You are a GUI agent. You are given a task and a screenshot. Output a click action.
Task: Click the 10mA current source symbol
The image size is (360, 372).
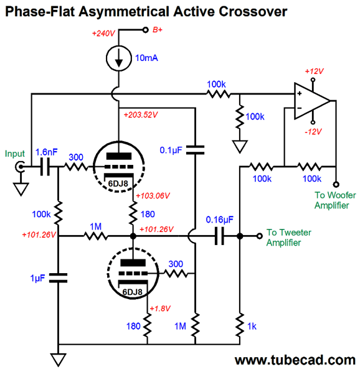118,58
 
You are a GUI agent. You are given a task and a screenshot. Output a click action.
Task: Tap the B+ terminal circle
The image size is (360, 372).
145,30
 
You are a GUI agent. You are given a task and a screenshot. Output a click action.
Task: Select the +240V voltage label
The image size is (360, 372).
103,33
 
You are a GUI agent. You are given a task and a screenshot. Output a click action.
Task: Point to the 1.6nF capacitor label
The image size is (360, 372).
46,152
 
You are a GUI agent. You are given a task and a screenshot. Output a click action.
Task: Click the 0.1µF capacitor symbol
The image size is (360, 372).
195,150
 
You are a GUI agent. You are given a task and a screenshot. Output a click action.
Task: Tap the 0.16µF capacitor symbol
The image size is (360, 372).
219,236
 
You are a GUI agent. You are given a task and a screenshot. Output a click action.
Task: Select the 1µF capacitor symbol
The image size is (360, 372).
58,278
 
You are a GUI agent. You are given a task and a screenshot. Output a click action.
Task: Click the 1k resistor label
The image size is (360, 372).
252,327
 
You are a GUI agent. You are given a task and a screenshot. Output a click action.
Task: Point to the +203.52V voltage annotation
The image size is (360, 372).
141,115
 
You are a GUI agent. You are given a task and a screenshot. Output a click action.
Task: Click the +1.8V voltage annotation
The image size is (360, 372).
160,309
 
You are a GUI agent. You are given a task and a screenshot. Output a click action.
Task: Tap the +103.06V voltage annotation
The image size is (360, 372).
153,196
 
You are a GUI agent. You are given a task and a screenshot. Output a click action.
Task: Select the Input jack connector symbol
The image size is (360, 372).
20,167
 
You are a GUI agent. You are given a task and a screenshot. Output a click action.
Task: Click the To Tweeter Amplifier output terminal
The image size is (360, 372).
260,236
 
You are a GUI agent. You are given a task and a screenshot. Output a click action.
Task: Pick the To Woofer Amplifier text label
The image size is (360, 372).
335,200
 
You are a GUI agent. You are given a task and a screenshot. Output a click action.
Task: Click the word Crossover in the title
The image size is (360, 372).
253,11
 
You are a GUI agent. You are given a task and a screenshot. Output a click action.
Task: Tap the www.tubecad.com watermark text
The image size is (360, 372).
295,360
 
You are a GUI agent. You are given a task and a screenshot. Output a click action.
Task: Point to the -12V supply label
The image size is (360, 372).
313,132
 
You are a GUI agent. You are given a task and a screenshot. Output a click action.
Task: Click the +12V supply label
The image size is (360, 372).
314,71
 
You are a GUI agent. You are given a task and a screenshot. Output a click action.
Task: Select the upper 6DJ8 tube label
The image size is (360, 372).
118,184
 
